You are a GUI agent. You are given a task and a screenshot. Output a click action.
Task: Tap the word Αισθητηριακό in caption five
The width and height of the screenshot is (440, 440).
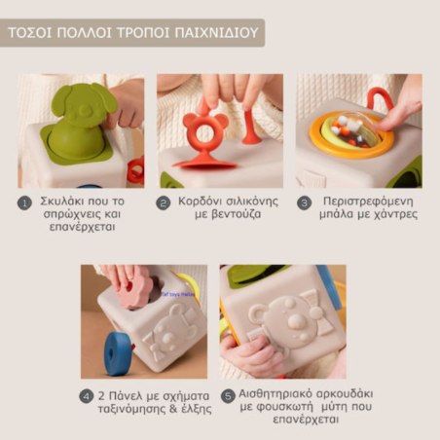pyautogui.click(x=283, y=395)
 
